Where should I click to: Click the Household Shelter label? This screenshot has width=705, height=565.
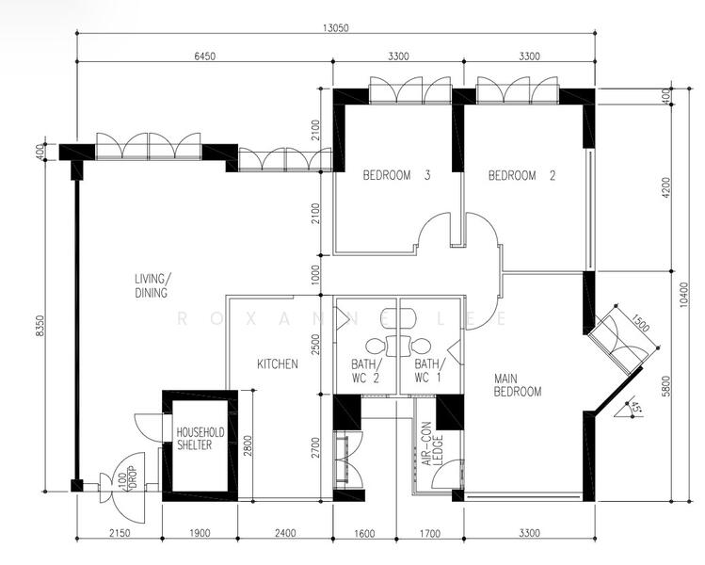tap(200, 439)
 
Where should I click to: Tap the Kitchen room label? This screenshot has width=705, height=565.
tap(278, 363)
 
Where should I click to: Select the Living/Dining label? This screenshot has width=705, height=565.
tap(152, 285)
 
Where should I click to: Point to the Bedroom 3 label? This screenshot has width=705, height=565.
tap(396, 175)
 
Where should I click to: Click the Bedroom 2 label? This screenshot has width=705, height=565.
tap(522, 175)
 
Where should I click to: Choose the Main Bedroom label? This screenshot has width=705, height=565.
tap(518, 385)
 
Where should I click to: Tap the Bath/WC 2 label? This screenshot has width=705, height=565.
tap(366, 371)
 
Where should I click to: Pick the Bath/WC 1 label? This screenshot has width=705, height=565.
tap(429, 371)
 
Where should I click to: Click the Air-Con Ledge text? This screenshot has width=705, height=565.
tap(433, 444)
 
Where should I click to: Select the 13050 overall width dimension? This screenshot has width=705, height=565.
tap(335, 28)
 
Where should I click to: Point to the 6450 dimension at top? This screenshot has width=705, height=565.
tap(204, 56)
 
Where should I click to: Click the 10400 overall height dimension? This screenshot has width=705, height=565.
tap(683, 295)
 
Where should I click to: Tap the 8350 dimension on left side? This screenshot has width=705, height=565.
tap(40, 325)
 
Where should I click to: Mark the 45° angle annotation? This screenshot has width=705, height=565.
tap(635, 407)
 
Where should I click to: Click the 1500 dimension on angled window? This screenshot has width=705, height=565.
tap(640, 323)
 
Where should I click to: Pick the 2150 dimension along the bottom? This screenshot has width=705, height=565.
tap(120, 533)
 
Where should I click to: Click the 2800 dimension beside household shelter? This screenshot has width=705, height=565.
tap(248, 444)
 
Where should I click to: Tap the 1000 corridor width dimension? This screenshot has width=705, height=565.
tap(315, 274)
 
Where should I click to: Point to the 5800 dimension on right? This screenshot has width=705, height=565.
tap(666, 386)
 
